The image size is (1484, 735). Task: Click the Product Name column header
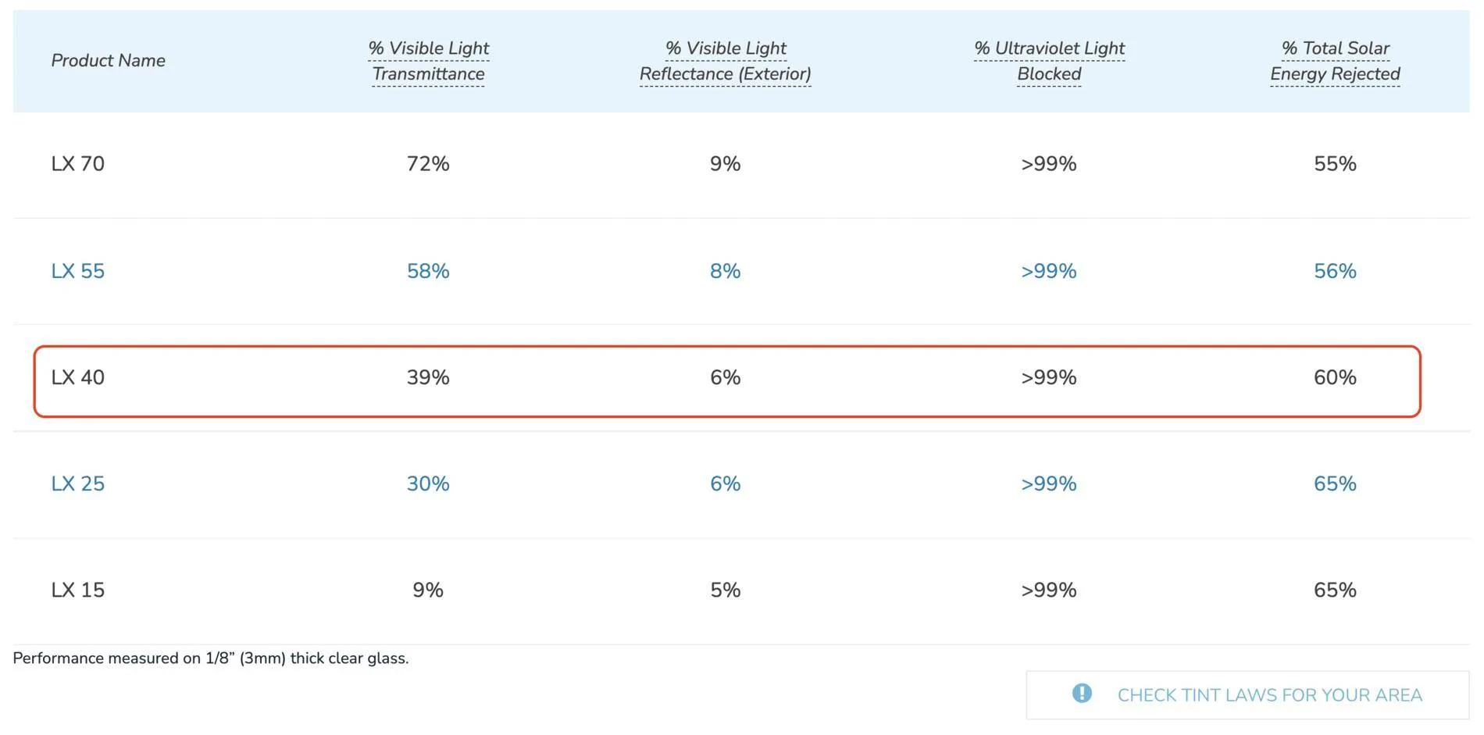tap(108, 60)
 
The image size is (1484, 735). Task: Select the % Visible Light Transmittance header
tap(428, 61)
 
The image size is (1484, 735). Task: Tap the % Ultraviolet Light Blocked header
tap(1049, 61)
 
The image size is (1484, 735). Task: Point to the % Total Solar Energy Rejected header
tap(1335, 61)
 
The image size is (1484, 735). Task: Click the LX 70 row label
tap(77, 164)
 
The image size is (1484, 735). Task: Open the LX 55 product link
tap(77, 271)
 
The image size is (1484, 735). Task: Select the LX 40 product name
tap(77, 377)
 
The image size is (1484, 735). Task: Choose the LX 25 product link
tap(77, 483)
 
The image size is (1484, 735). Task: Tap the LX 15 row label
tap(77, 590)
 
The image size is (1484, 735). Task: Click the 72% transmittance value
tap(428, 164)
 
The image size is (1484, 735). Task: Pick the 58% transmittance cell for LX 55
tap(428, 271)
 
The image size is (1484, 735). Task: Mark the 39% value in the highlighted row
tap(428, 377)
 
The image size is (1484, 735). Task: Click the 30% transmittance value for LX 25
tap(428, 483)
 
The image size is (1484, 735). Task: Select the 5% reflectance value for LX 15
tap(725, 590)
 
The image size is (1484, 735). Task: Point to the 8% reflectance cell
tap(725, 271)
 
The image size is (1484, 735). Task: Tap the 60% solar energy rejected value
tap(1335, 377)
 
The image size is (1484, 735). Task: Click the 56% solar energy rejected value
tap(1335, 271)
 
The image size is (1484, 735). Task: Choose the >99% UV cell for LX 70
tap(1048, 164)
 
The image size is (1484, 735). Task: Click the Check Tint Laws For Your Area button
tap(1247, 695)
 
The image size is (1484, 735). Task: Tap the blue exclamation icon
tap(1082, 693)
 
